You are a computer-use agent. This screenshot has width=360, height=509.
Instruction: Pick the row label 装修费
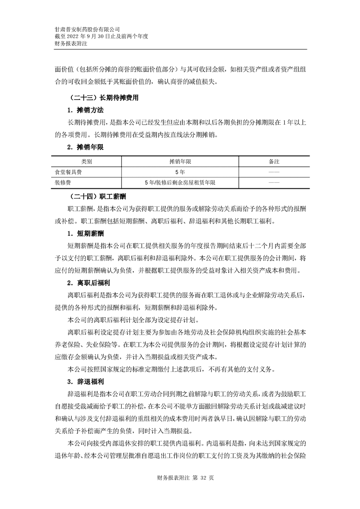(63, 182)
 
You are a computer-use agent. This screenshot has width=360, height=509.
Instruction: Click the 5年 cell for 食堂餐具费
(180, 172)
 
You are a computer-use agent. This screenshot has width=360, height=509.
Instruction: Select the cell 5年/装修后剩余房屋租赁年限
(180, 182)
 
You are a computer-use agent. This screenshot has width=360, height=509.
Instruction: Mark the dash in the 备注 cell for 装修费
(274, 182)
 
